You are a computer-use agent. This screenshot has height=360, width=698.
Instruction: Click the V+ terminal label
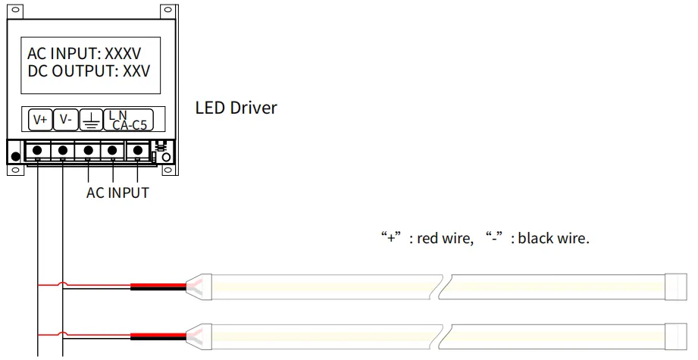[40, 120]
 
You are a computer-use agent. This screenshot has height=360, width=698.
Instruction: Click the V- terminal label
[65, 119]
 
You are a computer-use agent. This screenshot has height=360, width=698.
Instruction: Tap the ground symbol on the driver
[91, 121]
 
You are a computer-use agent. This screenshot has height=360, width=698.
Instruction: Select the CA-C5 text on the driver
[130, 125]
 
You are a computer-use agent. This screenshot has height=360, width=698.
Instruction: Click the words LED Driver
[236, 108]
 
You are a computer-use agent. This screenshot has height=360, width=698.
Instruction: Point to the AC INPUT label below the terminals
[117, 193]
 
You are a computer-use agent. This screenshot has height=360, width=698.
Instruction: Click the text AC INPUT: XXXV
[84, 53]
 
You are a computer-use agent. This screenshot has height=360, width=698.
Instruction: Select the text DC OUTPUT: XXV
[89, 71]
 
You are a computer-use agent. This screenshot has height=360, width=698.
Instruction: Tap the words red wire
[444, 238]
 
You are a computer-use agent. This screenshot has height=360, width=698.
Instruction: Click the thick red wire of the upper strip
[158, 285]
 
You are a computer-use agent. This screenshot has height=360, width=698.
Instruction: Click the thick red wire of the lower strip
[158, 335]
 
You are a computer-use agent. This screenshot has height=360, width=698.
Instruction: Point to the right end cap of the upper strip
[676, 287]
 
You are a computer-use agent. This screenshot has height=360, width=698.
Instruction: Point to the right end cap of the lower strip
[676, 337]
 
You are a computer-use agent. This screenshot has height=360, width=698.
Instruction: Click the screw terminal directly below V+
[37, 150]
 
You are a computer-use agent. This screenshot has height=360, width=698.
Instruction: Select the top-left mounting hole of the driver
[15, 10]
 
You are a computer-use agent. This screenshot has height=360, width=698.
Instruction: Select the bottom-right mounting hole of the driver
[167, 170]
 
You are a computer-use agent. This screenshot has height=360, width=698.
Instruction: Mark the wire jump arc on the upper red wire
[63, 283]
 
